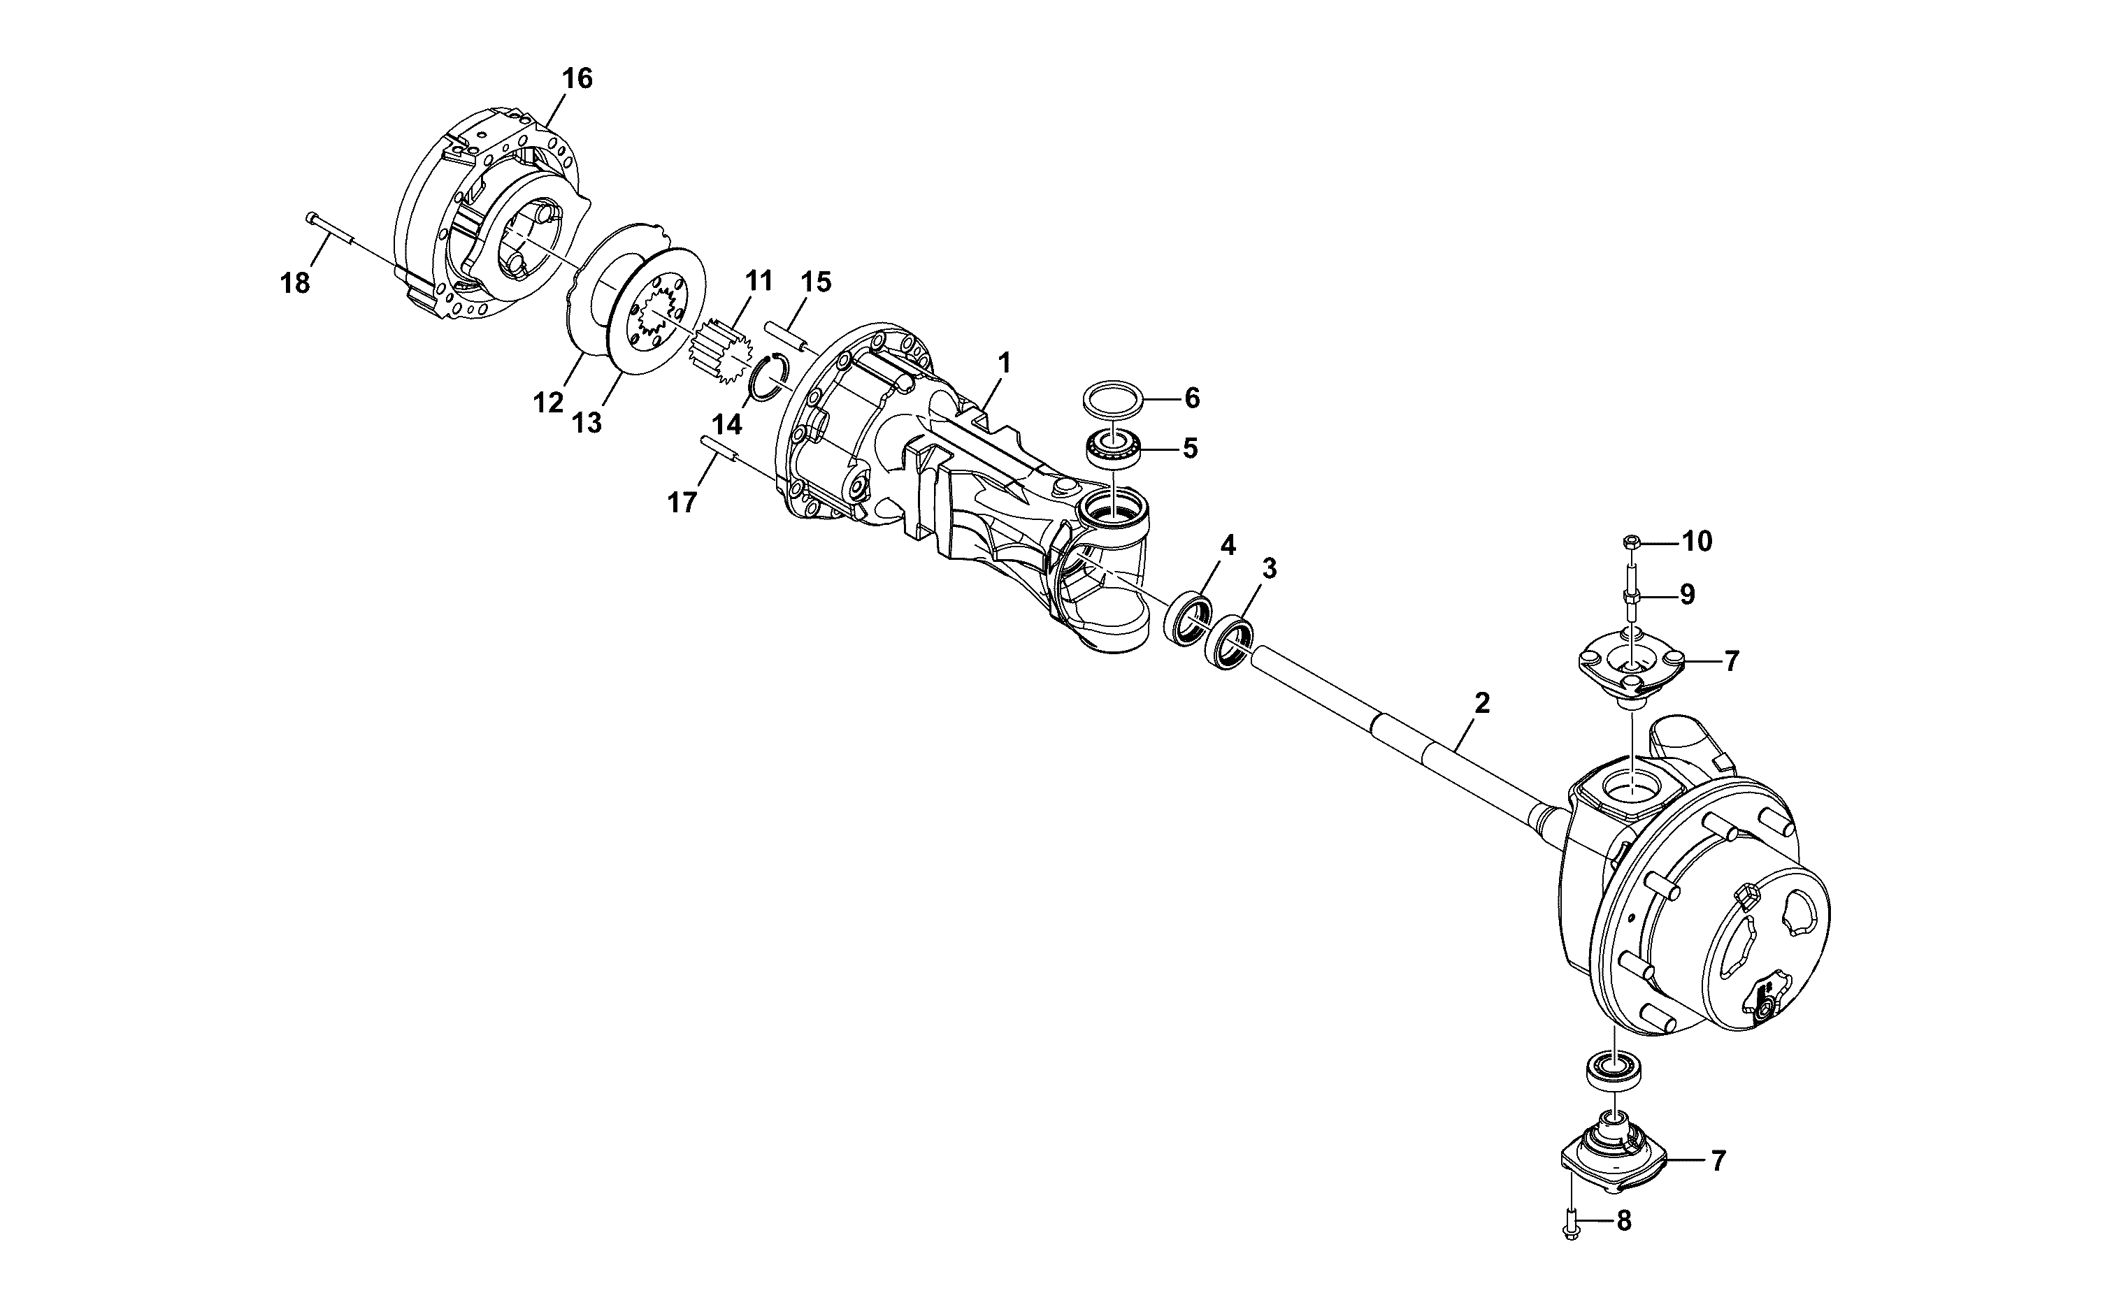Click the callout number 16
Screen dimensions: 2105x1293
[x=577, y=79]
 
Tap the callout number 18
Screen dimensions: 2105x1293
[x=295, y=283]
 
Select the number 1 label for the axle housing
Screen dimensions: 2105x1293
[x=1005, y=363]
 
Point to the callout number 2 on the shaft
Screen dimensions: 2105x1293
[x=1482, y=703]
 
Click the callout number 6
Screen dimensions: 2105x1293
[x=1191, y=398]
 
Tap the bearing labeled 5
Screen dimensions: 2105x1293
[x=1114, y=451]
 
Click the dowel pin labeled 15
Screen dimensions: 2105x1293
[x=791, y=333]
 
